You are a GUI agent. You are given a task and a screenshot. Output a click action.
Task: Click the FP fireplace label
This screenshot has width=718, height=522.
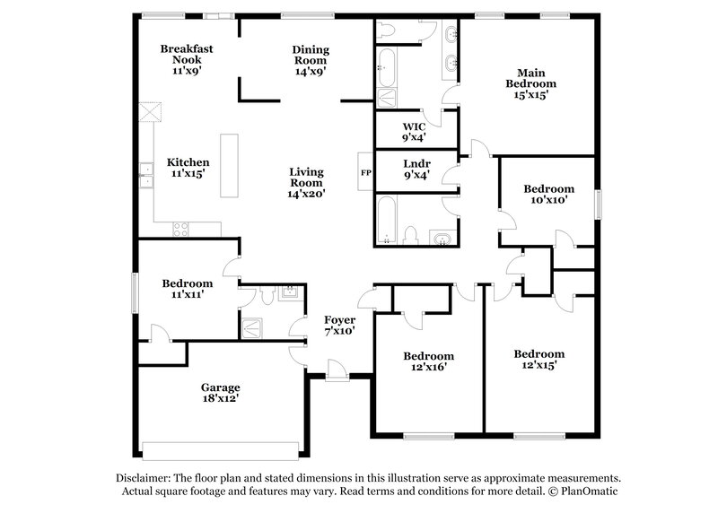[365, 172]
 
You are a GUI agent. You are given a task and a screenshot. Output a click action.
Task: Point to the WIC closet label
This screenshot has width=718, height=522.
[414, 132]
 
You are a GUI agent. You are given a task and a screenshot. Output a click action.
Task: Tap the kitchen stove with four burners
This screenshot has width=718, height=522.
[180, 229]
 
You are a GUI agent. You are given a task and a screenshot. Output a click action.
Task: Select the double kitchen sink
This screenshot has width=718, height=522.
[144, 175]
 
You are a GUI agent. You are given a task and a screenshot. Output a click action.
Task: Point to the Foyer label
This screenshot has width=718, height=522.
[340, 325]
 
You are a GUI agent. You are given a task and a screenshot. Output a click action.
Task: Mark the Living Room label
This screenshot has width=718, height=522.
[306, 182]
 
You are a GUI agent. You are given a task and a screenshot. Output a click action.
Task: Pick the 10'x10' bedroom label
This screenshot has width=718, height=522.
[548, 194]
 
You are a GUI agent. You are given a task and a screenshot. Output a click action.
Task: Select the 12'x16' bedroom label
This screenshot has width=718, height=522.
[427, 361]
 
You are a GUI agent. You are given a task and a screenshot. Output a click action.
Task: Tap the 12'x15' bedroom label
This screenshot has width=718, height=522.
[538, 359]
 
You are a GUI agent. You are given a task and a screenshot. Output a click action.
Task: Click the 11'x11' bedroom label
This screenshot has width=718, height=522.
[188, 288]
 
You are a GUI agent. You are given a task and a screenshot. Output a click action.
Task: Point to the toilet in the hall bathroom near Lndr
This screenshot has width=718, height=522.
[411, 236]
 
